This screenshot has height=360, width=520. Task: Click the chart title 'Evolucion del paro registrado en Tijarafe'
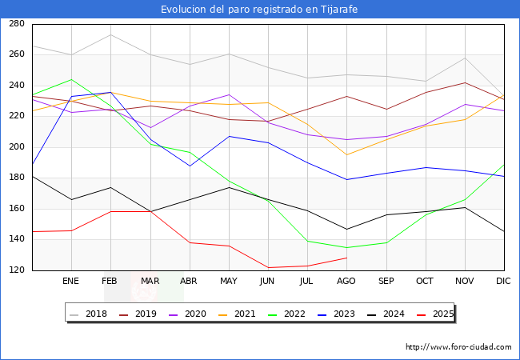[x=259, y=10]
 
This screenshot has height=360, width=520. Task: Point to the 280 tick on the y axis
[x=16, y=24]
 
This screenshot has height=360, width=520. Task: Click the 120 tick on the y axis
[x=16, y=270]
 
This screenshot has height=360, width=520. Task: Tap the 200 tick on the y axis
[x=16, y=147]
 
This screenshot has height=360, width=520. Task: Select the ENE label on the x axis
[x=71, y=281]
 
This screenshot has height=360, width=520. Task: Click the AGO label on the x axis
[x=346, y=281]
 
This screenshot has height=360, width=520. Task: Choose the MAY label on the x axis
[x=229, y=281]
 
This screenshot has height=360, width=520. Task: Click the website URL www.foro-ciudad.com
[x=458, y=347]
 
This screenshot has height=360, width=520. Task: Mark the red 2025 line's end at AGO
[x=346, y=258]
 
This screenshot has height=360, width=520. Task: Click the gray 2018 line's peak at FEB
[x=110, y=34]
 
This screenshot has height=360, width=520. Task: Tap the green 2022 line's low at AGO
[x=346, y=247]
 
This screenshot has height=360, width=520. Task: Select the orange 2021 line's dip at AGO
[x=346, y=154]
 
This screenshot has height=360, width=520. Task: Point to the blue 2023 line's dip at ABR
[x=190, y=166]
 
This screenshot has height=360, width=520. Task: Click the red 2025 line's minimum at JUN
[x=268, y=267]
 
